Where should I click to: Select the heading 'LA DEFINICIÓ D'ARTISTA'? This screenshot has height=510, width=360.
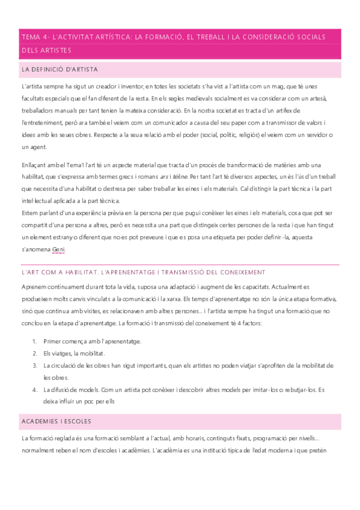pyautogui.click(x=59, y=70)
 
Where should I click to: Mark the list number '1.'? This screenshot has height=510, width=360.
pyautogui.click(x=34, y=341)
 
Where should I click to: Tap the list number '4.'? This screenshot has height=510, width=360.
pyautogui.click(x=34, y=389)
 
